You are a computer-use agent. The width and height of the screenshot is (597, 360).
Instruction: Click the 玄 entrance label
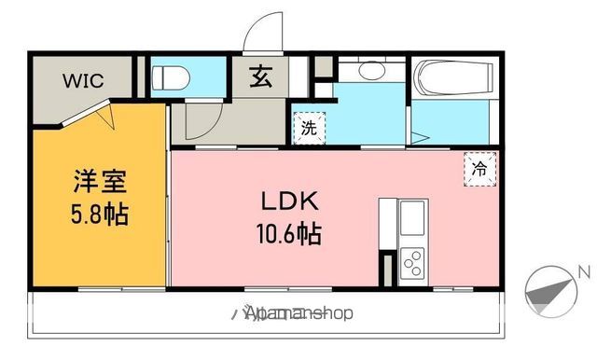click(260, 79)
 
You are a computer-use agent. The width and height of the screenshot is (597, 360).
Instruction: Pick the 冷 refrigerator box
click(479, 170)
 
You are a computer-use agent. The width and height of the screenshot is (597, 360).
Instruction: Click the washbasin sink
click(370, 70)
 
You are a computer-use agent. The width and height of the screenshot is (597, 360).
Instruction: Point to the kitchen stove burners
click(411, 264)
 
